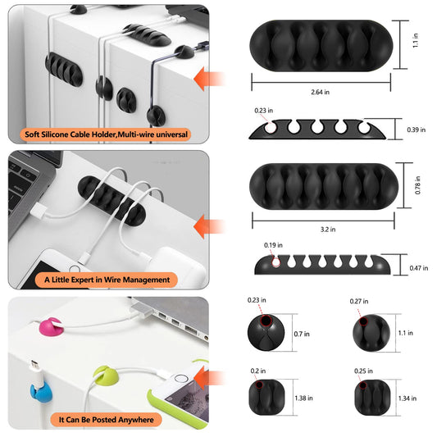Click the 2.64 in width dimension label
point(321,92)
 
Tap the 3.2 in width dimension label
point(328,230)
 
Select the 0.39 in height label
point(417,130)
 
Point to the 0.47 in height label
point(419,268)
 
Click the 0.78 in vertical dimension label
point(417,185)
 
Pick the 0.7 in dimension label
point(302,334)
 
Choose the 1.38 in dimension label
point(303,398)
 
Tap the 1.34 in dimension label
point(407,398)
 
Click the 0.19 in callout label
point(273,245)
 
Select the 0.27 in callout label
point(359,301)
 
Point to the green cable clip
point(106,376)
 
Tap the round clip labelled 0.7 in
point(266,332)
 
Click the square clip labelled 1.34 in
point(372,397)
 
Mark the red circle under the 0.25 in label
point(363,385)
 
